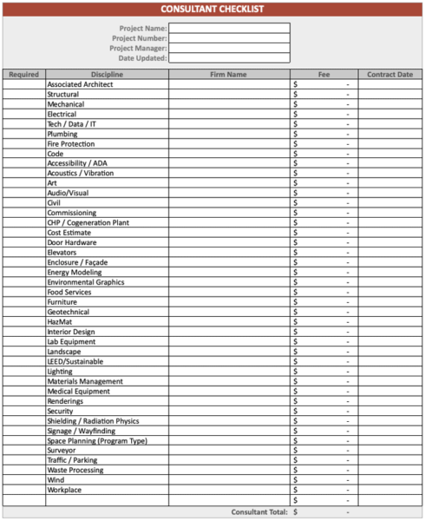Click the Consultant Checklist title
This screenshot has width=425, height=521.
pos(212,9)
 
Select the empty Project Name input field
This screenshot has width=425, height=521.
pos(229,28)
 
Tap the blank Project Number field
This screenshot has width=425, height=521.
pos(229,38)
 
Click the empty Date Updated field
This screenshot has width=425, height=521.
pos(229,58)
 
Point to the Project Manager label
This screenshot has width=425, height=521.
pos(138,48)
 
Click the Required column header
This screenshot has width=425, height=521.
pos(23,75)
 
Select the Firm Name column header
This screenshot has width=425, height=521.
pos(228,75)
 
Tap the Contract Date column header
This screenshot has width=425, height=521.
pos(389,75)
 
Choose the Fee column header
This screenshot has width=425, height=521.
pos(324,75)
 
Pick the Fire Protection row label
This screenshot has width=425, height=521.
pos(71,144)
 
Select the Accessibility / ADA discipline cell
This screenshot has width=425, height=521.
pos(77,163)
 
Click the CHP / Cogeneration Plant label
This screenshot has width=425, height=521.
pos(88,222)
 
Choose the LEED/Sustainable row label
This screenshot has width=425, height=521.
pos(75,361)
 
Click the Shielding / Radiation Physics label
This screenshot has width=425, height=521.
pos(93,421)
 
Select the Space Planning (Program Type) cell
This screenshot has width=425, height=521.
pos(97,441)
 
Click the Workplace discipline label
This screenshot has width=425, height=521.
pos(64,491)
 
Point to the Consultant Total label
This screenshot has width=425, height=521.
pos(259,512)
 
